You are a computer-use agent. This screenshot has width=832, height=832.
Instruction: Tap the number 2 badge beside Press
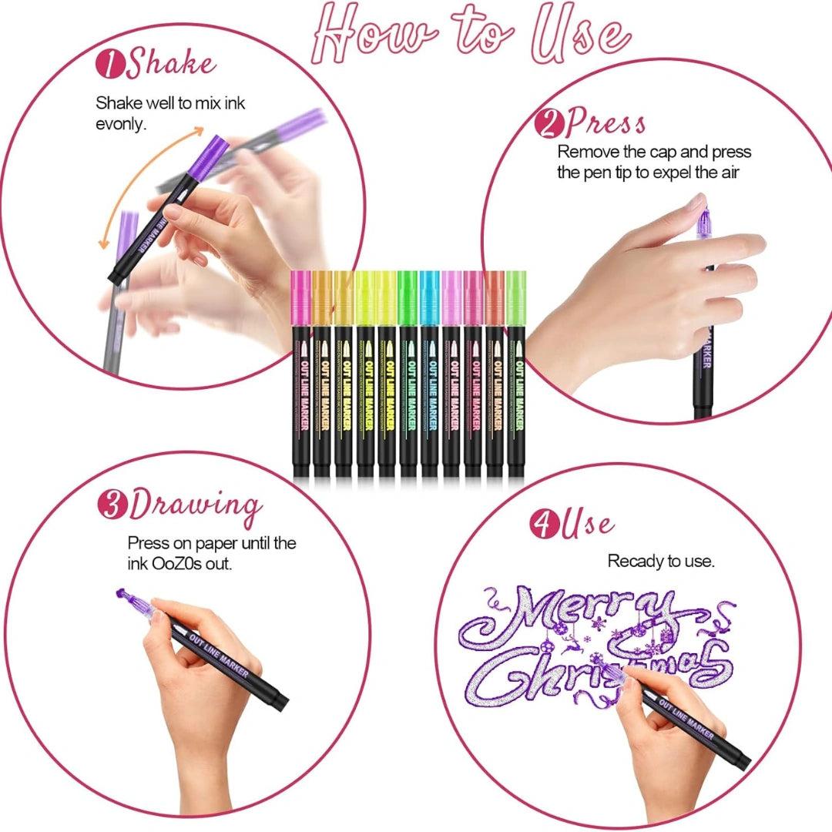coord(548,122)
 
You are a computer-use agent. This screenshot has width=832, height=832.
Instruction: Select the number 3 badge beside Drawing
coord(112,505)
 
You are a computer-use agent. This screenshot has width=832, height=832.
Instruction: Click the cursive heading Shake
coord(171,64)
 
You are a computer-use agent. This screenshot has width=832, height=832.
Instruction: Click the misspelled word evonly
coord(120,124)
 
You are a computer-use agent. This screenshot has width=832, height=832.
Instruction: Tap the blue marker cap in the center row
coord(429,299)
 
